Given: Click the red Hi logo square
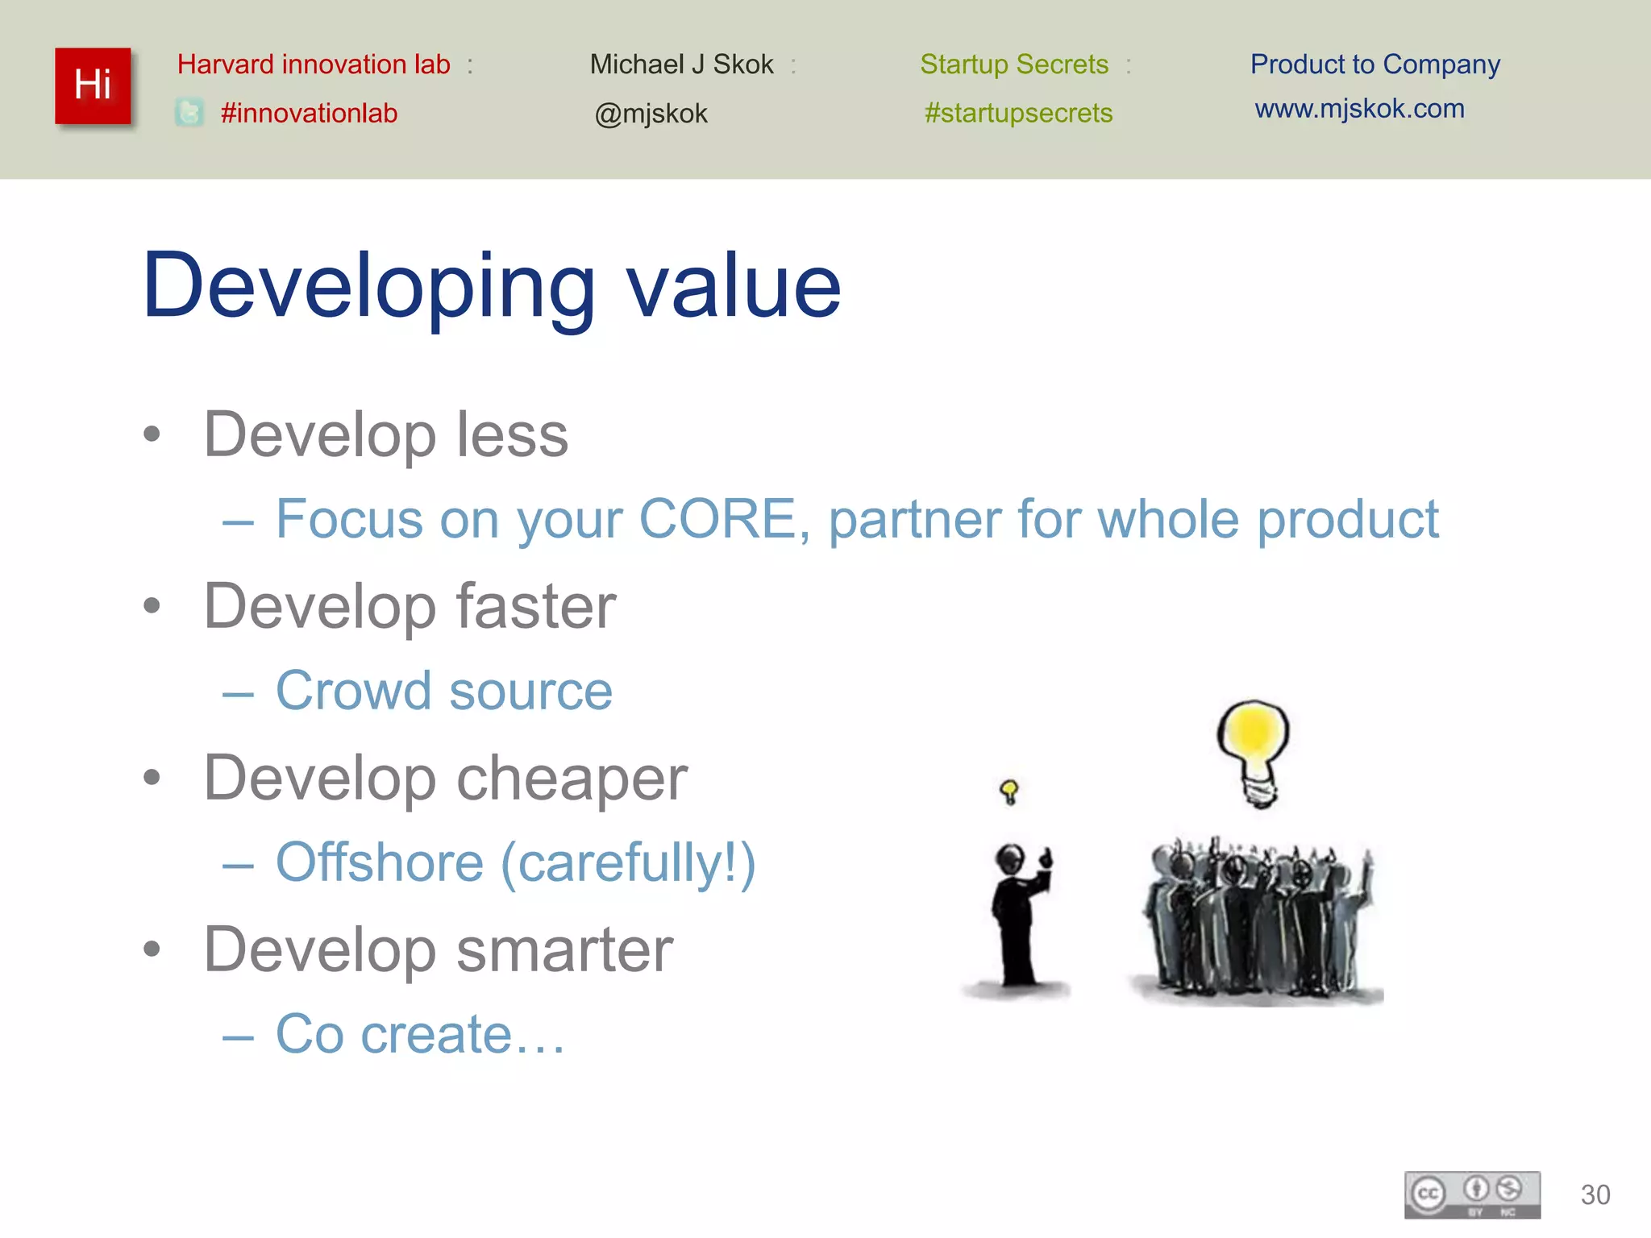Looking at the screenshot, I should [93, 85].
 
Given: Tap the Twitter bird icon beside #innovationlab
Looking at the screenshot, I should [189, 113].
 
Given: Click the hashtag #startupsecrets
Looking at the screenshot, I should [1018, 113].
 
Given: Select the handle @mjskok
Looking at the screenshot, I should [651, 114].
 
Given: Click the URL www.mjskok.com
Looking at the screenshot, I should [1359, 109].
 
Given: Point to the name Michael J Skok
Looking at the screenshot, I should [681, 64].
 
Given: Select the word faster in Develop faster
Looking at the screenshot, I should [536, 606].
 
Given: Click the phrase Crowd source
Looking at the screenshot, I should [444, 691].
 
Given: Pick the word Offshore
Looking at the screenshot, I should [380, 862].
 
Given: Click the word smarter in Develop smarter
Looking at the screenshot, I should [564, 949].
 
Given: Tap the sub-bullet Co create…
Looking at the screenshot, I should [420, 1034].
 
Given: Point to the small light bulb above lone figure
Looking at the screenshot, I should [1008, 791].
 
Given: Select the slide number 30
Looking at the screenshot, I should [1595, 1194].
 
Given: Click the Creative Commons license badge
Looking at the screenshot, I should [1472, 1194].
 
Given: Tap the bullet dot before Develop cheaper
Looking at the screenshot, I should [152, 778].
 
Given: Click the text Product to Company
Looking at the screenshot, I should [1374, 64].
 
